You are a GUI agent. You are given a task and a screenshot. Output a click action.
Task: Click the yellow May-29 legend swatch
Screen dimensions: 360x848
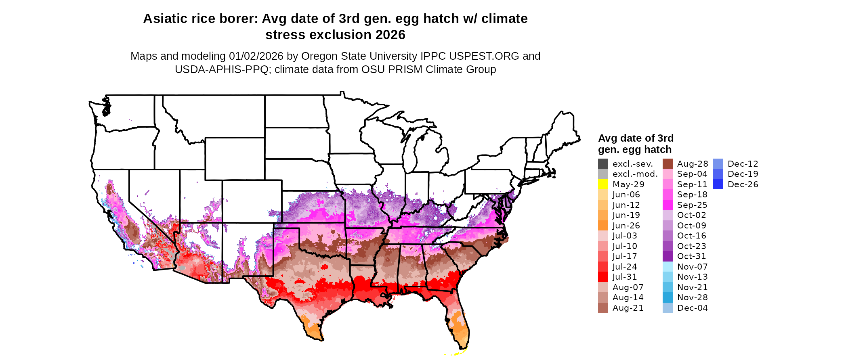point(603,184)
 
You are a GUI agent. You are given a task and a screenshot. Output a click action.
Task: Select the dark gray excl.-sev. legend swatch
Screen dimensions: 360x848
point(603,164)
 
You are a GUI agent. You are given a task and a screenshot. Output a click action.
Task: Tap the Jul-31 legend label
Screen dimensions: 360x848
point(625,277)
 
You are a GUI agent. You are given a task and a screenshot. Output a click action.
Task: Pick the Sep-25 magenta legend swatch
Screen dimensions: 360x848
point(667,205)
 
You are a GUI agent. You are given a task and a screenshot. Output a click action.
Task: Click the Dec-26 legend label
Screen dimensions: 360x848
point(743,184)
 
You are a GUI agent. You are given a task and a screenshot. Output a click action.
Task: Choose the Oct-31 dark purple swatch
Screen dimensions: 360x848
point(667,256)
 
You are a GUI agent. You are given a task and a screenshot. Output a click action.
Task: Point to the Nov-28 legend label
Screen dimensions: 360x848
point(692,297)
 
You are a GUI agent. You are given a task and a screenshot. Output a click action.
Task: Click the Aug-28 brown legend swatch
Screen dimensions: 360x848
point(667,164)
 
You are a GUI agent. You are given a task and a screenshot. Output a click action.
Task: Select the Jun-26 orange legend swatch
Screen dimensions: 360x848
point(603,226)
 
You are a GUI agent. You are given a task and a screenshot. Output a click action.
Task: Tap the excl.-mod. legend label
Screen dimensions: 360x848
point(635,174)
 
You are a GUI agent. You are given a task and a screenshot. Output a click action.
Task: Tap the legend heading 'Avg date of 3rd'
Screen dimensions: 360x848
point(636,138)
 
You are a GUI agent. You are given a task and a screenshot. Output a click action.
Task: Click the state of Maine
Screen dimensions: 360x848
point(564,129)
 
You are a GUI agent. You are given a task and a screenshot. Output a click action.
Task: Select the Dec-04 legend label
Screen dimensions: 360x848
point(692,308)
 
